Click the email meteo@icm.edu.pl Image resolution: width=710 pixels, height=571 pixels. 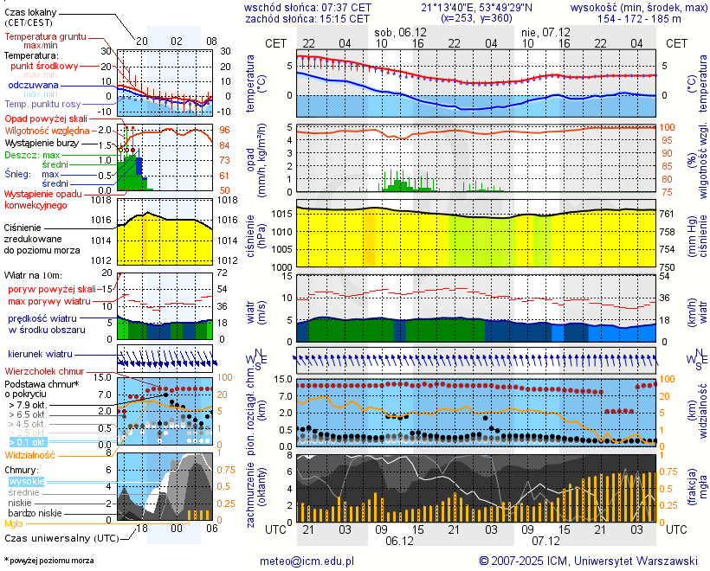pyautogui.click(x=307, y=561)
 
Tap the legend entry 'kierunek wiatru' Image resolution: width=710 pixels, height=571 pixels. pyautogui.click(x=41, y=355)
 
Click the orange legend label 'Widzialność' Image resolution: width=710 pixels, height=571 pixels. pyautogui.click(x=30, y=454)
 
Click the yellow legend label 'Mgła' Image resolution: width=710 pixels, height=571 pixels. pyautogui.click(x=14, y=523)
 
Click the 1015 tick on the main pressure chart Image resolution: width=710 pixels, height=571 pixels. pyautogui.click(x=278, y=213)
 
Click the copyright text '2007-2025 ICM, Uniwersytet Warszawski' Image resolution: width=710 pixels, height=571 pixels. pyautogui.click(x=589, y=561)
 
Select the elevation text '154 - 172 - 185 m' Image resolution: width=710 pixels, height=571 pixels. pyautogui.click(x=638, y=18)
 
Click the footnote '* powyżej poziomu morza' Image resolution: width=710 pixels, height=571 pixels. pyautogui.click(x=48, y=561)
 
